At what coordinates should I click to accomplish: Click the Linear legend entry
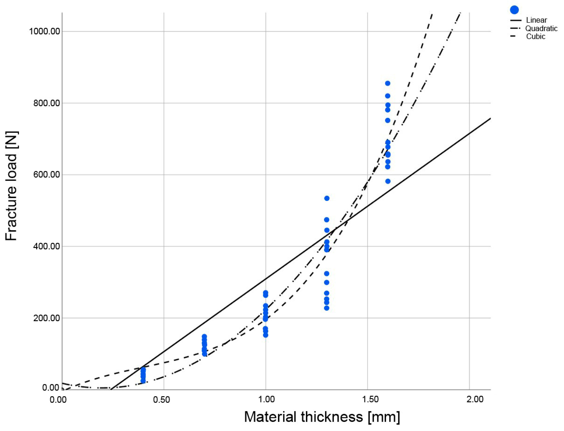536,20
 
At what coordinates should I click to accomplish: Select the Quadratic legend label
541,29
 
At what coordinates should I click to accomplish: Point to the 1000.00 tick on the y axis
44,32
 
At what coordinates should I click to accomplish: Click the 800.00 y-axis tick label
46,103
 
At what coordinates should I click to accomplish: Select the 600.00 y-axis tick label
46,175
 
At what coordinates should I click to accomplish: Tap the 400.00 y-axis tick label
46,246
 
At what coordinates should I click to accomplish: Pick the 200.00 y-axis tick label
46,318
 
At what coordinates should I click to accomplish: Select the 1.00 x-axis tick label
266,399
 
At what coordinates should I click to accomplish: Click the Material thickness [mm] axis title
322,417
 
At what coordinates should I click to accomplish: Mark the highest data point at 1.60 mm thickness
388,83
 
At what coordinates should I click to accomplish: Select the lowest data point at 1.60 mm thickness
388,181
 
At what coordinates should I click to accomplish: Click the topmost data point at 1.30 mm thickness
327,198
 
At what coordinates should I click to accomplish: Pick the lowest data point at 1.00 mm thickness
266,335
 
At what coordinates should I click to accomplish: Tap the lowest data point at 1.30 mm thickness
327,308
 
